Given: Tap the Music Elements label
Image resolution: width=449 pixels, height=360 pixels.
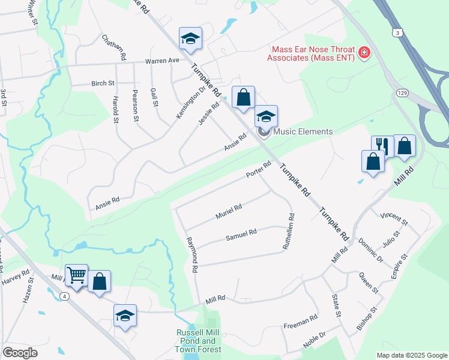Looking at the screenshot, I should [x=303, y=131].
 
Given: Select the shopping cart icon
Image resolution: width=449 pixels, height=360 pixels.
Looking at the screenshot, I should [x=76, y=275].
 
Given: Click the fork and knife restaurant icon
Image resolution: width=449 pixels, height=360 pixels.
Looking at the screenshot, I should [x=382, y=145].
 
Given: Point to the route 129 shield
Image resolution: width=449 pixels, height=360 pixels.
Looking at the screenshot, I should [x=402, y=92].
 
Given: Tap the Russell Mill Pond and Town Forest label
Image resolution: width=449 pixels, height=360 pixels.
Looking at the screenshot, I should [x=199, y=341].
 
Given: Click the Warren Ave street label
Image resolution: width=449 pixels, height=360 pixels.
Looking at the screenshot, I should [x=161, y=61].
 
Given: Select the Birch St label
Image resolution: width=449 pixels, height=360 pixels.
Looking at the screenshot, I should [x=102, y=83].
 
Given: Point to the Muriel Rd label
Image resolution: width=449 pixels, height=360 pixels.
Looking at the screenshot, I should [x=229, y=211].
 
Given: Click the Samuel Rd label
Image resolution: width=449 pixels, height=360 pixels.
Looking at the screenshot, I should [x=241, y=235].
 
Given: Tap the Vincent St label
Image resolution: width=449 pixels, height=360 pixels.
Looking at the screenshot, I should [x=394, y=218].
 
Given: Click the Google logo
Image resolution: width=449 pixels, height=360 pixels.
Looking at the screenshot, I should [x=20, y=353].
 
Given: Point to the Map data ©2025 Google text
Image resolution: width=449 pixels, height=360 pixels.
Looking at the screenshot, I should [x=411, y=355].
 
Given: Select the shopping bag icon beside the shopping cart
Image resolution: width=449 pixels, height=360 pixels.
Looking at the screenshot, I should [x=100, y=281].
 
